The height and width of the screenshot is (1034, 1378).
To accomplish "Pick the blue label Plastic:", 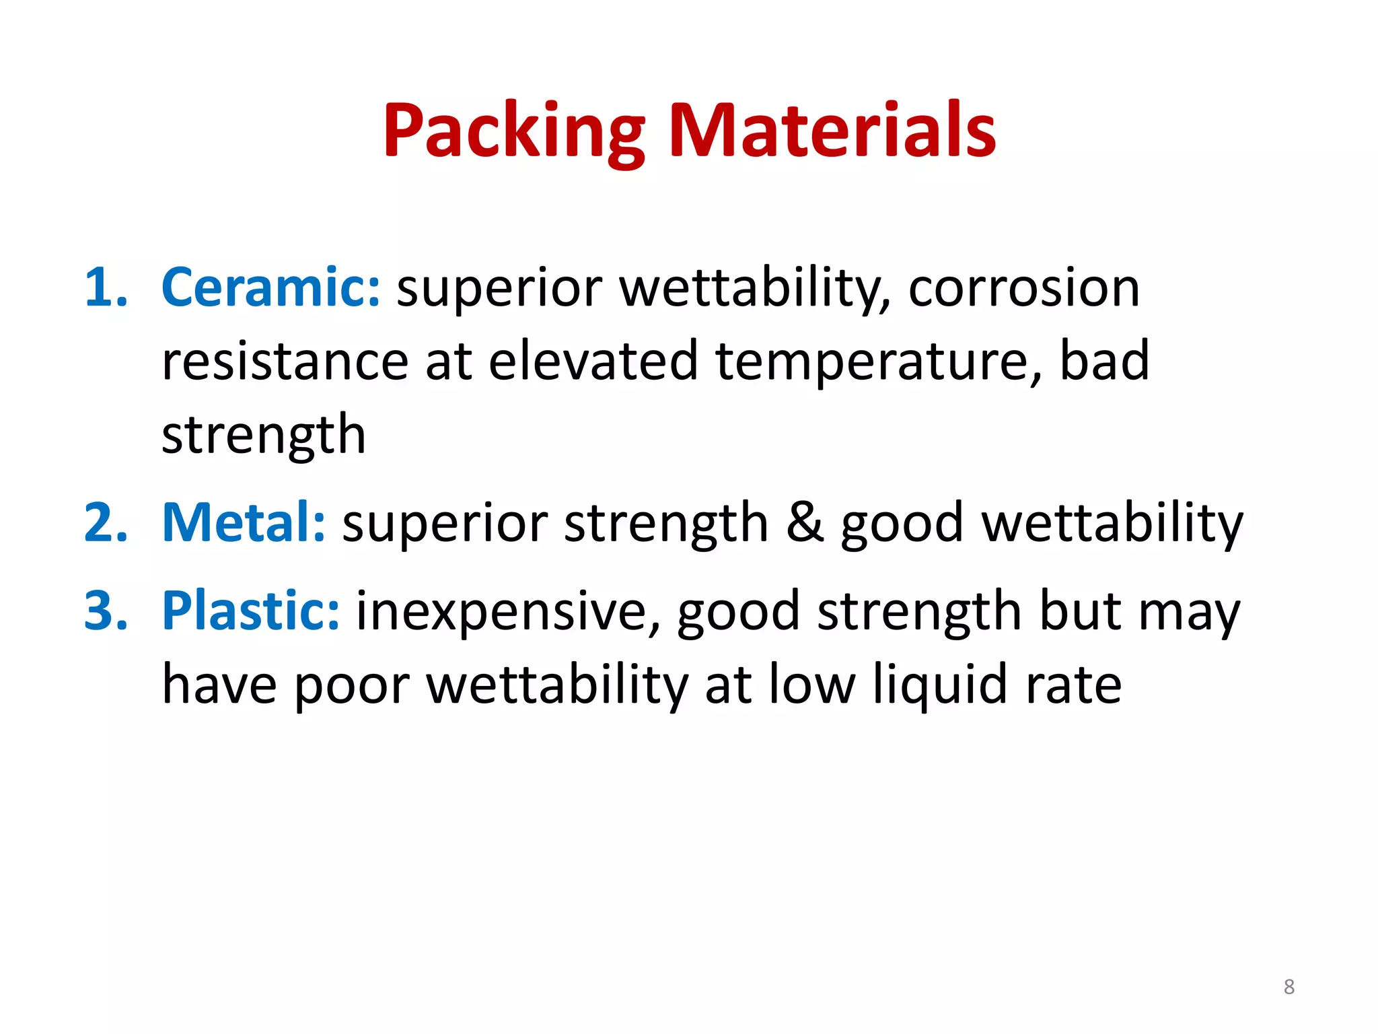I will (251, 611).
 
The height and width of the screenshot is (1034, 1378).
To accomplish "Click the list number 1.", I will (106, 288).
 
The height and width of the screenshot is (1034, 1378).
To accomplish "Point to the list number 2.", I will (106, 523).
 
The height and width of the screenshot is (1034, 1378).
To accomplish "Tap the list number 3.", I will (106, 611).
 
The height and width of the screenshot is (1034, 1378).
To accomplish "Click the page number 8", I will (1289, 987).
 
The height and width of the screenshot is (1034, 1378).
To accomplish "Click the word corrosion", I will (1023, 288).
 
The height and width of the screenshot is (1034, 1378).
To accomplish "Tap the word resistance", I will (285, 361).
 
